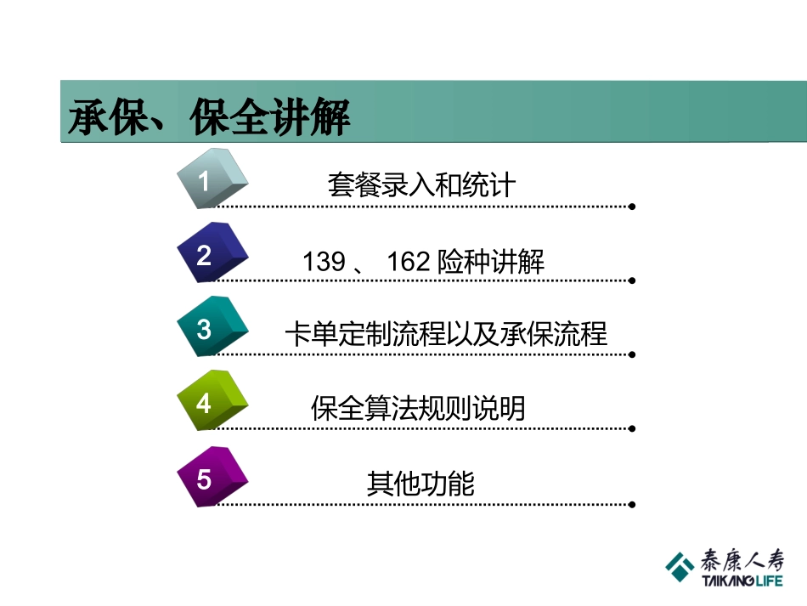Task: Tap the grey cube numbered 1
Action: click(212, 178)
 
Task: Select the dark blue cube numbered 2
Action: click(212, 252)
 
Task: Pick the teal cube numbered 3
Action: click(212, 327)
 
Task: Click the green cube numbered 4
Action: click(212, 401)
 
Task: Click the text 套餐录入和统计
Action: click(421, 184)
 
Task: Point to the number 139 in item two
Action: click(324, 262)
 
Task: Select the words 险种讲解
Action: click(491, 262)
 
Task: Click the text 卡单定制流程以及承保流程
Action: click(446, 334)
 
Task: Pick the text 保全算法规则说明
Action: click(418, 409)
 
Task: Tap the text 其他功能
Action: click(420, 484)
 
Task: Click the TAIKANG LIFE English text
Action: click(742, 582)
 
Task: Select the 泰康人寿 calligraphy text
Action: click(742, 559)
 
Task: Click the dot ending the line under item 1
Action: click(632, 206)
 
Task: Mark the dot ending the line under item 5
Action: click(632, 505)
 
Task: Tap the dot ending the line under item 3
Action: click(632, 355)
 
